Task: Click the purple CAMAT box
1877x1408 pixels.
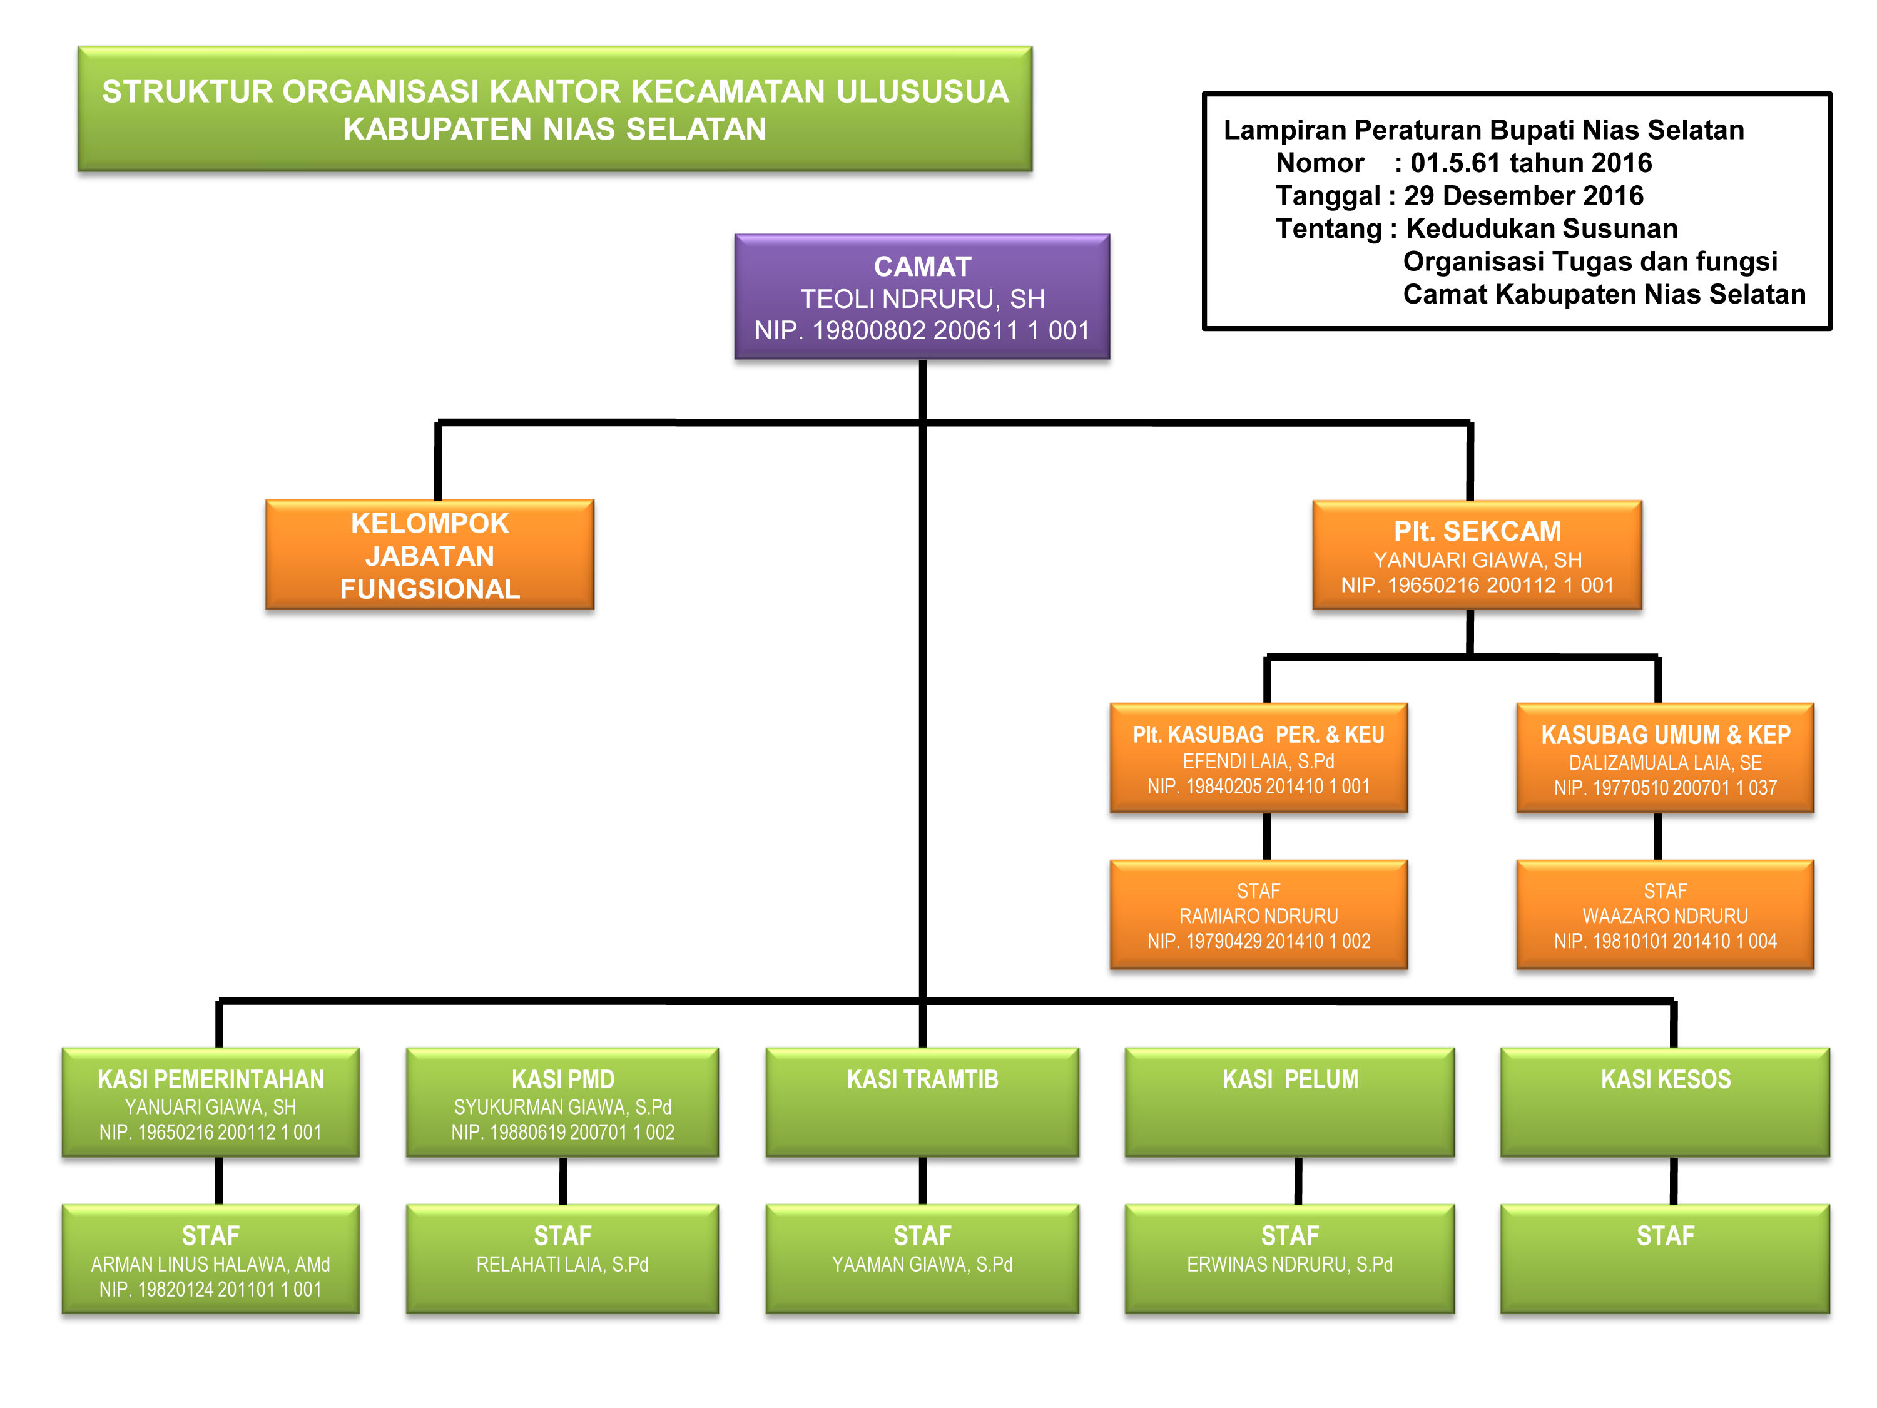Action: click(x=922, y=297)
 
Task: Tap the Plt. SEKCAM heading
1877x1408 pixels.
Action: click(x=1477, y=531)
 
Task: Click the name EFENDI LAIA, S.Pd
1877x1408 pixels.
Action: click(x=1258, y=762)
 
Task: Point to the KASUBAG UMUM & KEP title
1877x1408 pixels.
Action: click(x=1665, y=735)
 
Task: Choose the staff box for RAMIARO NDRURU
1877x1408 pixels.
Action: click(x=1258, y=915)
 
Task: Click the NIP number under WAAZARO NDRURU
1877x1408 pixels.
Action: click(x=1665, y=941)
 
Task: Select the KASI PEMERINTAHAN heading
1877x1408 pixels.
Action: click(x=210, y=1079)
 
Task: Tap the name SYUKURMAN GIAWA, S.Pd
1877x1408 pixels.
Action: click(x=562, y=1107)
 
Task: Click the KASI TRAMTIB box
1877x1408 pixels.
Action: click(x=922, y=1101)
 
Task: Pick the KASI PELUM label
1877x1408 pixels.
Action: click(x=1289, y=1079)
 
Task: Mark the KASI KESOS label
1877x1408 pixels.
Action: click(x=1665, y=1079)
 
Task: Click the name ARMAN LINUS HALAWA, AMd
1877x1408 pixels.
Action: click(x=210, y=1265)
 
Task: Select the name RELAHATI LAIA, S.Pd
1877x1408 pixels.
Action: click(x=562, y=1265)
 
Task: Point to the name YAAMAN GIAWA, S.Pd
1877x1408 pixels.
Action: click(x=922, y=1265)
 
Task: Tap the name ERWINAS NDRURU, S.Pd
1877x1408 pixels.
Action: click(x=1289, y=1265)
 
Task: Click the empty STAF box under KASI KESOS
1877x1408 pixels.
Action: click(x=1665, y=1258)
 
